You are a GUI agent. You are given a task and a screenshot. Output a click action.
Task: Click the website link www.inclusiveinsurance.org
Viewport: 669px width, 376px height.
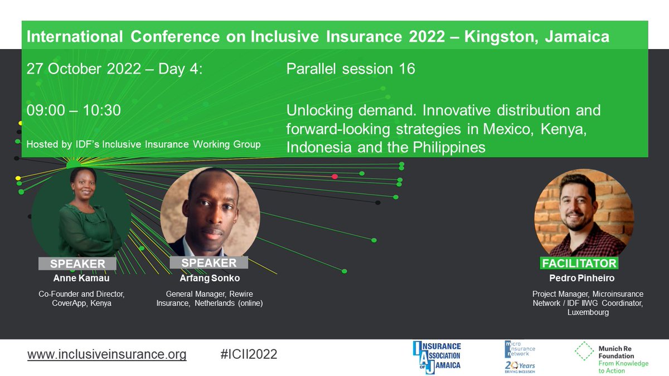pyautogui.click(x=106, y=354)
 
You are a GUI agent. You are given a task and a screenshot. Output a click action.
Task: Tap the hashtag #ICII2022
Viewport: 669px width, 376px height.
pyautogui.click(x=249, y=354)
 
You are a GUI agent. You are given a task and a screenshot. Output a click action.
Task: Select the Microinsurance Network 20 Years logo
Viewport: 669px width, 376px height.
pyautogui.click(x=519, y=357)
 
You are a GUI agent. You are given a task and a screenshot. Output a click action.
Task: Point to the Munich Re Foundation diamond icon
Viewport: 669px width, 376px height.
pyautogui.click(x=584, y=351)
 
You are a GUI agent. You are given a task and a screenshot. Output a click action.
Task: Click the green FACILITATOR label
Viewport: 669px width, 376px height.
pyautogui.click(x=579, y=263)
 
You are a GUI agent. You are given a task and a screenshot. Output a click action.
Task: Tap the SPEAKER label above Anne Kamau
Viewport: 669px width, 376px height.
pyautogui.click(x=77, y=263)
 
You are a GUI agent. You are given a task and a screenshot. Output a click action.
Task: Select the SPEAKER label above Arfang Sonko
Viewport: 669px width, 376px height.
pyautogui.click(x=209, y=262)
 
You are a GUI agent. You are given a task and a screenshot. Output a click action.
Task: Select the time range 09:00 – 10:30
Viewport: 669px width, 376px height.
pyautogui.click(x=74, y=110)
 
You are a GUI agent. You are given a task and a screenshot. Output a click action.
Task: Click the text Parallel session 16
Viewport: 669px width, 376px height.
pyautogui.click(x=351, y=69)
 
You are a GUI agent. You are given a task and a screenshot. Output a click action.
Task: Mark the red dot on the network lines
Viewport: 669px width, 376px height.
pyautogui.click(x=334, y=177)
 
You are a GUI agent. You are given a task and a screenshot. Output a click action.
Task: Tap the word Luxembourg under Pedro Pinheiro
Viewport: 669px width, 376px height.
pyautogui.click(x=588, y=312)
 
